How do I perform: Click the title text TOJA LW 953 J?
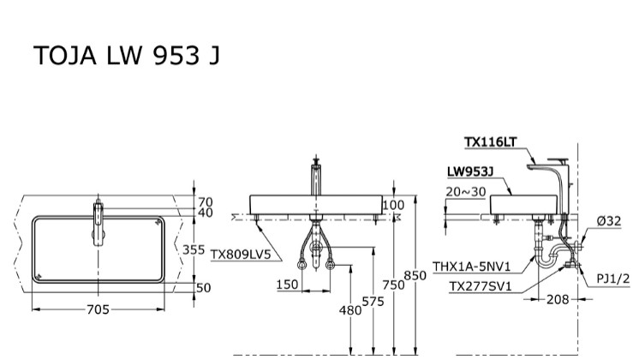click(126, 55)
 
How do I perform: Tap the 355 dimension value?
click(194, 249)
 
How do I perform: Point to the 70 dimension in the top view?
click(204, 202)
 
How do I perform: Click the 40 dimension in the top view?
click(204, 213)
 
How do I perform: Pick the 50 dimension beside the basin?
click(203, 288)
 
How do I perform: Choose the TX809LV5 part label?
click(241, 255)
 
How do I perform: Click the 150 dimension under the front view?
click(289, 285)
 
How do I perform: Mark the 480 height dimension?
click(350, 311)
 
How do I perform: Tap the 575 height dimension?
click(373, 301)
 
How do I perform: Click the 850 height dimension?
click(415, 276)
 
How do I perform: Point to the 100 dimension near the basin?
click(393, 205)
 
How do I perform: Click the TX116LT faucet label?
click(491, 142)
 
